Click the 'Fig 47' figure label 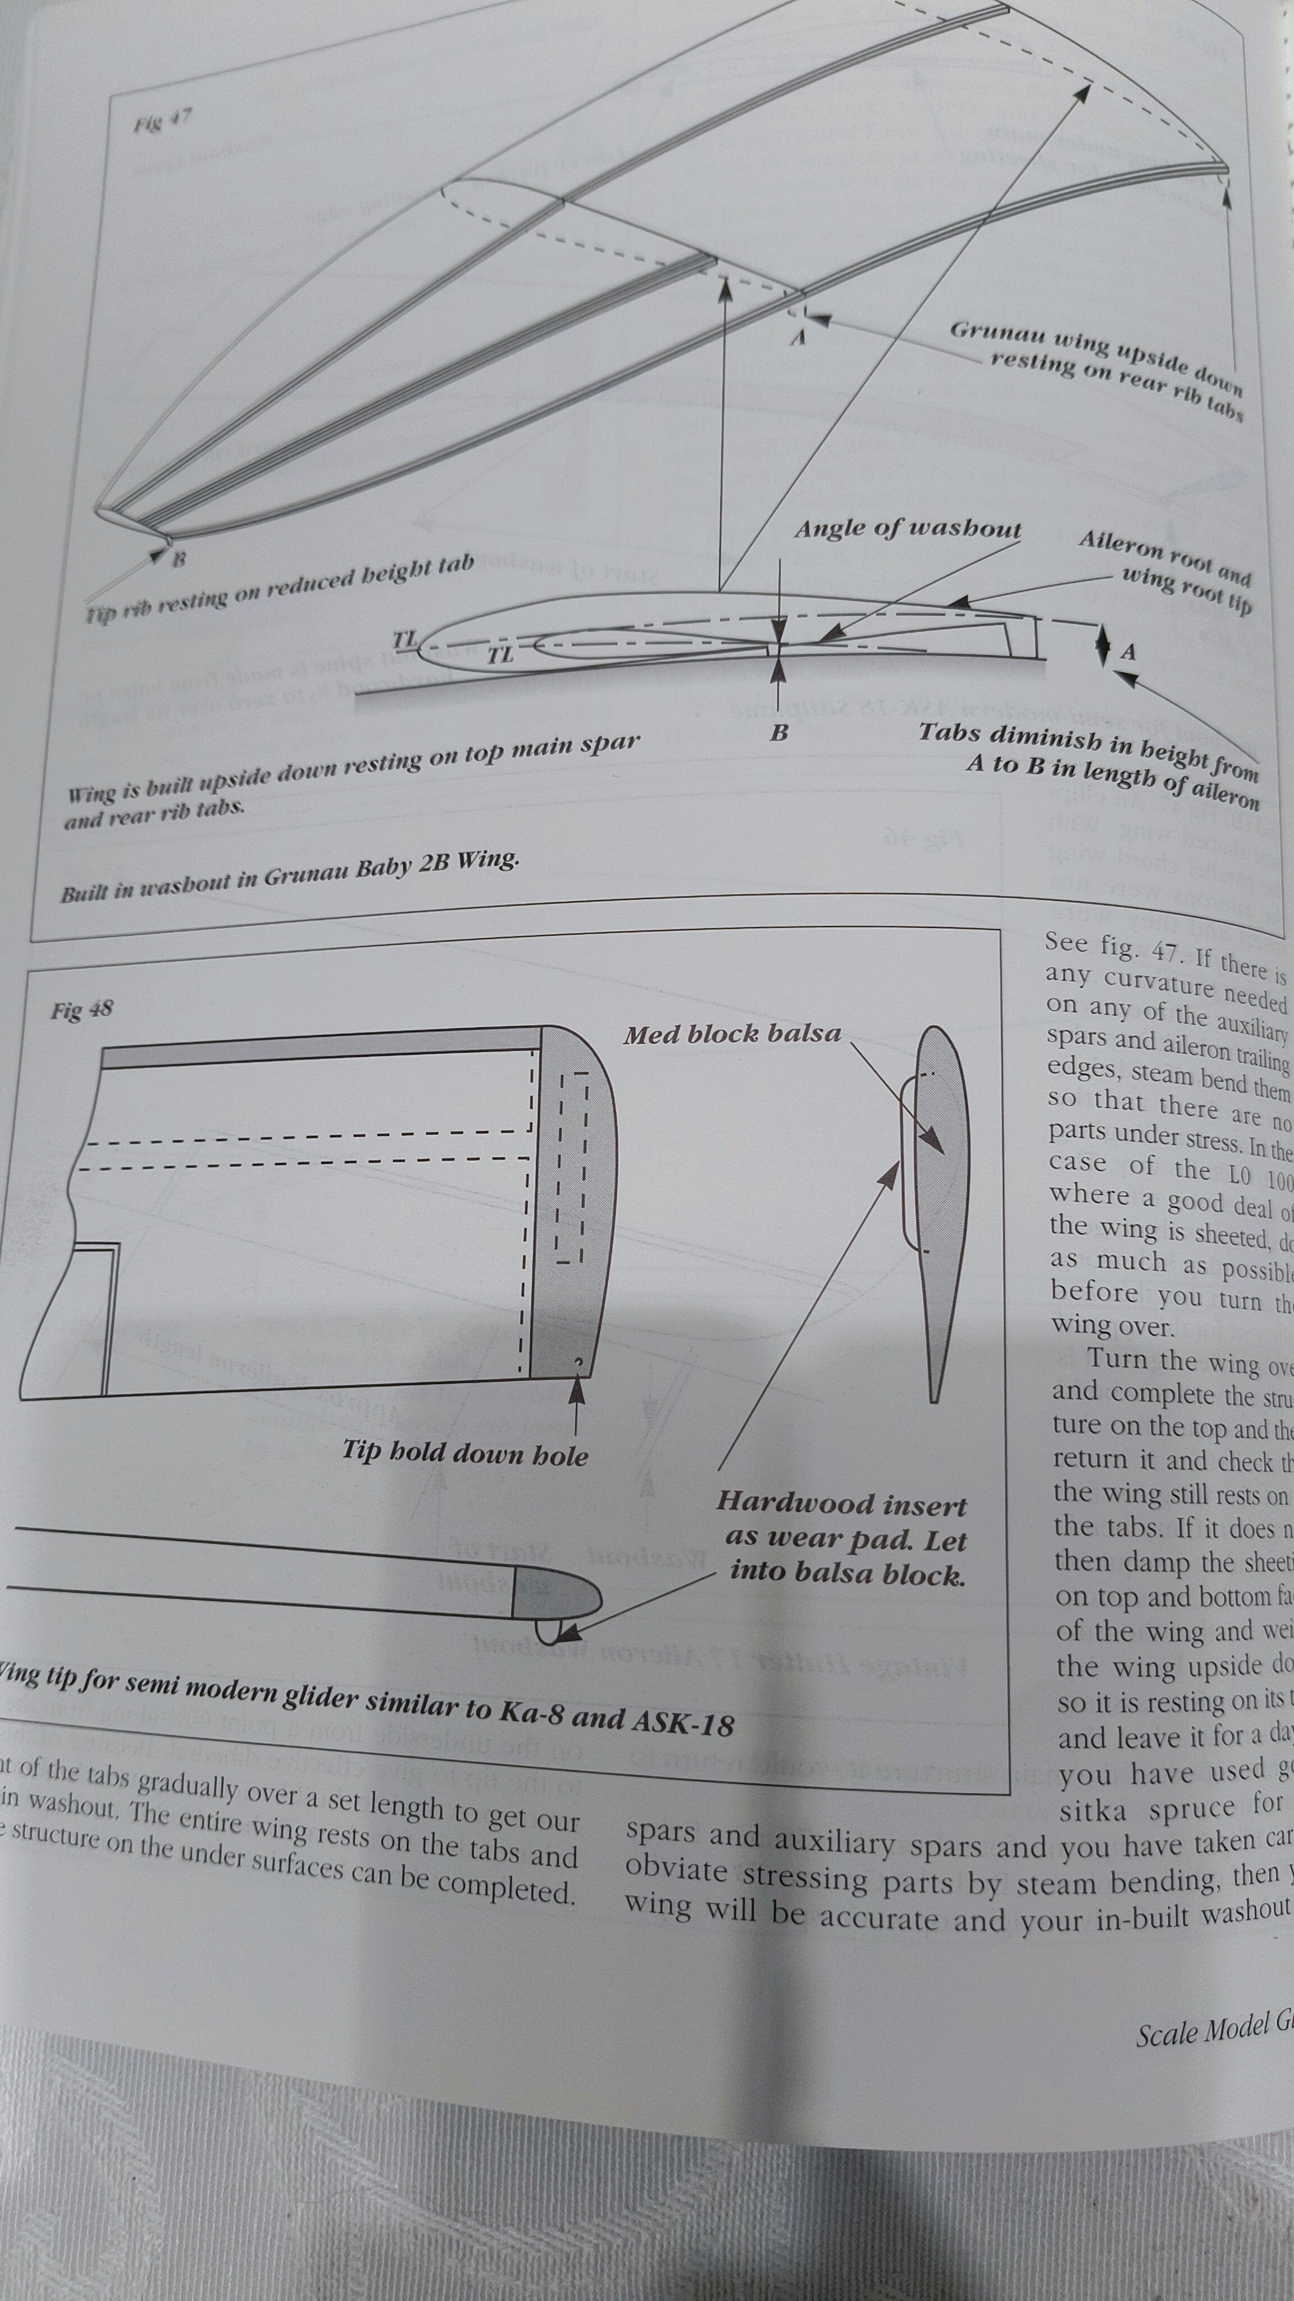(162, 121)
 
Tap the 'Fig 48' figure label (81, 1010)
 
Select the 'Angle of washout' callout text (908, 529)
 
